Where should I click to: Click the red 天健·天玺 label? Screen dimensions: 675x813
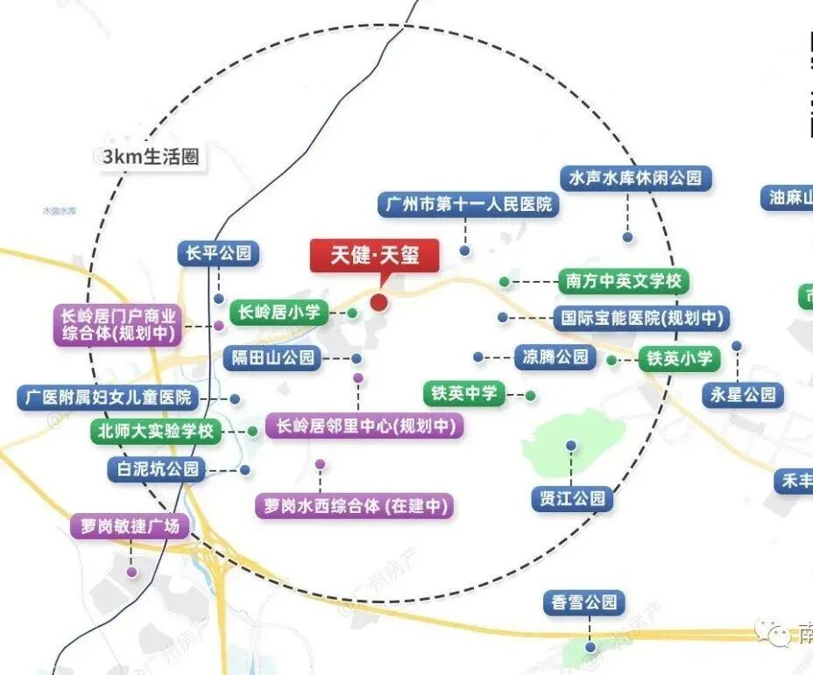375,256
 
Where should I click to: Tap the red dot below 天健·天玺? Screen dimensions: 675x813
378,302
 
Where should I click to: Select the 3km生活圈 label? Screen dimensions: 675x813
151,158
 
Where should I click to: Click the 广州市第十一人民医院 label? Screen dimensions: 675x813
469,205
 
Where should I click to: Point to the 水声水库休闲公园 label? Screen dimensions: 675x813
635,178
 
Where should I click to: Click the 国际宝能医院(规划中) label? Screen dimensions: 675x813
641,319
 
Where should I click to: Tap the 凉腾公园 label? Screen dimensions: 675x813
555,357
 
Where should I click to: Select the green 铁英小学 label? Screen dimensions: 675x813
679,359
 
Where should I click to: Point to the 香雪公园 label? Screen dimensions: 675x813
584,602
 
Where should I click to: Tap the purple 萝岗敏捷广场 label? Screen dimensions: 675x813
130,526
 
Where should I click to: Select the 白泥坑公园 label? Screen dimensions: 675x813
155,469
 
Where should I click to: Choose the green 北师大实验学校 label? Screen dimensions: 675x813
157,432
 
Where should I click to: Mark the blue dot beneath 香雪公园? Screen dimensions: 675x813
591,648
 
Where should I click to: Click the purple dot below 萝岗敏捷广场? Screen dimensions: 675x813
131,573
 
